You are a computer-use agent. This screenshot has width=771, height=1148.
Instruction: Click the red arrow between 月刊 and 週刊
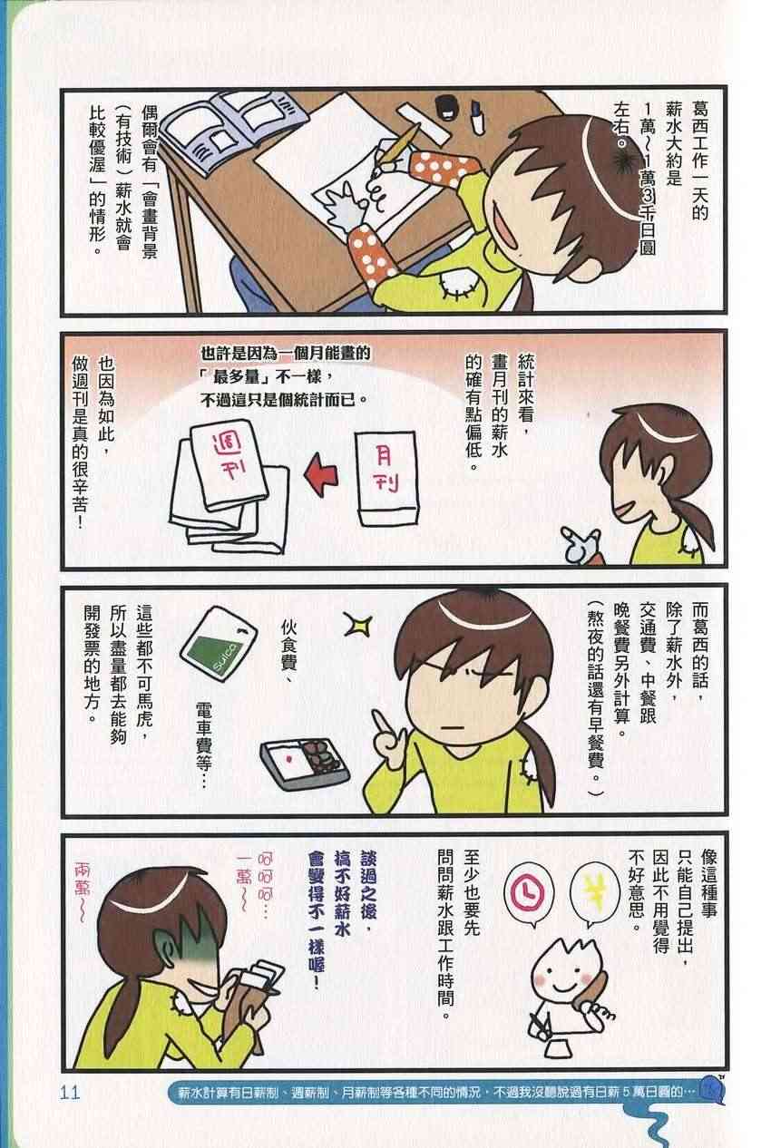pyautogui.click(x=321, y=474)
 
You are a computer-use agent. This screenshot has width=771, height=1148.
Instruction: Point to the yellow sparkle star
pyautogui.click(x=357, y=624)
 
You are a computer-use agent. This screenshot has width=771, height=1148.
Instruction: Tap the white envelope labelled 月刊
pyautogui.click(x=387, y=479)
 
